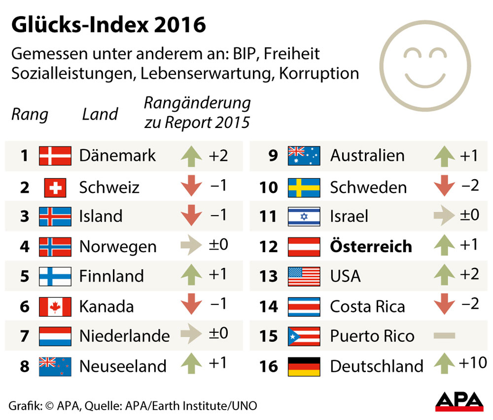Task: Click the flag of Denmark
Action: [54, 156]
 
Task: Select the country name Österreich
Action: [371, 246]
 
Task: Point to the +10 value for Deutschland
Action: [472, 363]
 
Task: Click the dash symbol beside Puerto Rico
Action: [444, 336]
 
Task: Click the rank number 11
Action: [269, 217]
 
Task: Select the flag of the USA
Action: [304, 276]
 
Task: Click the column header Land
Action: [100, 115]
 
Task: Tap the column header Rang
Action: [30, 115]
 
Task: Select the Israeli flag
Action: [304, 217]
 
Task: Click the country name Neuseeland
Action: [123, 366]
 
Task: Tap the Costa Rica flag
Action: [304, 306]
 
